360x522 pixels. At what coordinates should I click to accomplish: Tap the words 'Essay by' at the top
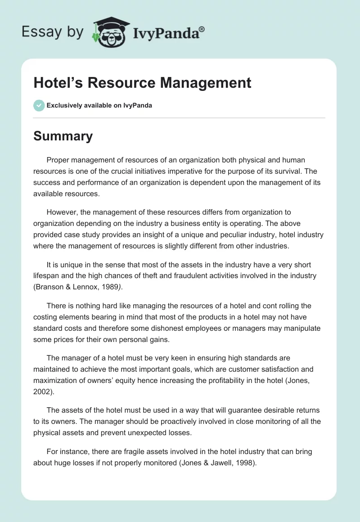pos(53,32)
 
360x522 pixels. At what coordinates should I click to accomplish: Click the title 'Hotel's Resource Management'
pos(142,83)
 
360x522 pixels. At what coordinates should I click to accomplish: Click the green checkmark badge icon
pos(39,105)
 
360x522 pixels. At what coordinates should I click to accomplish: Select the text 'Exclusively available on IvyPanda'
pos(99,106)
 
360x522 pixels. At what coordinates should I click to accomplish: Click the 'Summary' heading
pos(63,136)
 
